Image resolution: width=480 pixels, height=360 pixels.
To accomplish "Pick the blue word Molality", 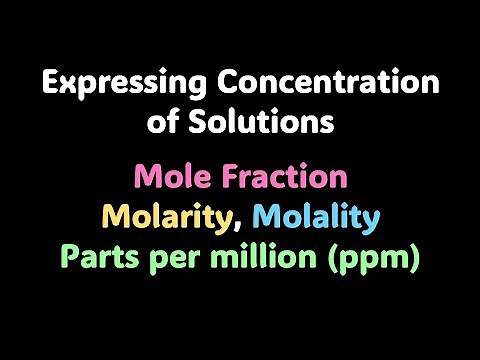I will pyautogui.click(x=317, y=217).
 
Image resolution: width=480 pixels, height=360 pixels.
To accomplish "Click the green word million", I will pyautogui.click(x=270, y=257).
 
